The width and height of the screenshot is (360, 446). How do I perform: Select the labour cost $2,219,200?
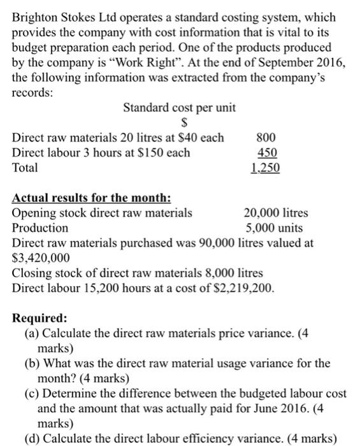click(x=241, y=288)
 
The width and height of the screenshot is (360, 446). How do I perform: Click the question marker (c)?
click(x=32, y=394)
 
